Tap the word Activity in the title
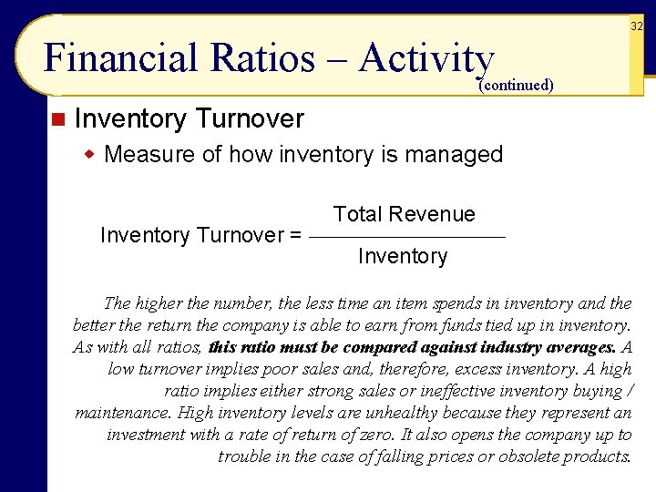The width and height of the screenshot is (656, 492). pos(426,58)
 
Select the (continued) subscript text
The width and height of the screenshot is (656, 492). pos(516,85)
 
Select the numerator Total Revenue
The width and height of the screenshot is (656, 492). pos(404,214)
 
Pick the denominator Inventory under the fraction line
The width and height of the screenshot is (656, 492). pos(403,257)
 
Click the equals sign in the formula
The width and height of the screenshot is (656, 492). pos(295,235)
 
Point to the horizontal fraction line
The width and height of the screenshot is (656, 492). pos(407,237)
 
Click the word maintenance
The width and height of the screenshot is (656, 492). pos(117,413)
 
